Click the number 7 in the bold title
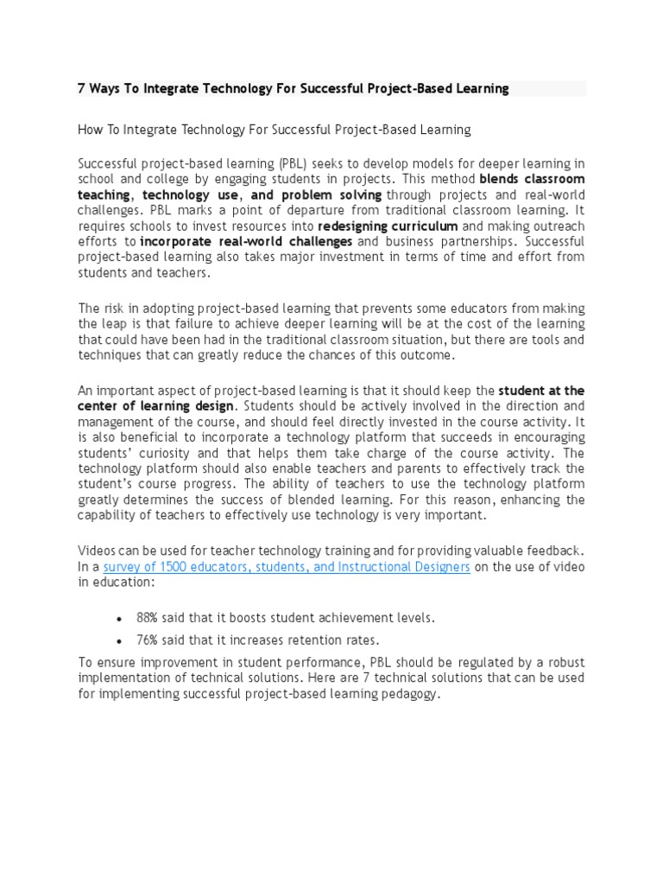82,89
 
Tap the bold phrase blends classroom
532,179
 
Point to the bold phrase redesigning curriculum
388,226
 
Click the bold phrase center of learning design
155,405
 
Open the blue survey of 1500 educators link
287,567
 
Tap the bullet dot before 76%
118,641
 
